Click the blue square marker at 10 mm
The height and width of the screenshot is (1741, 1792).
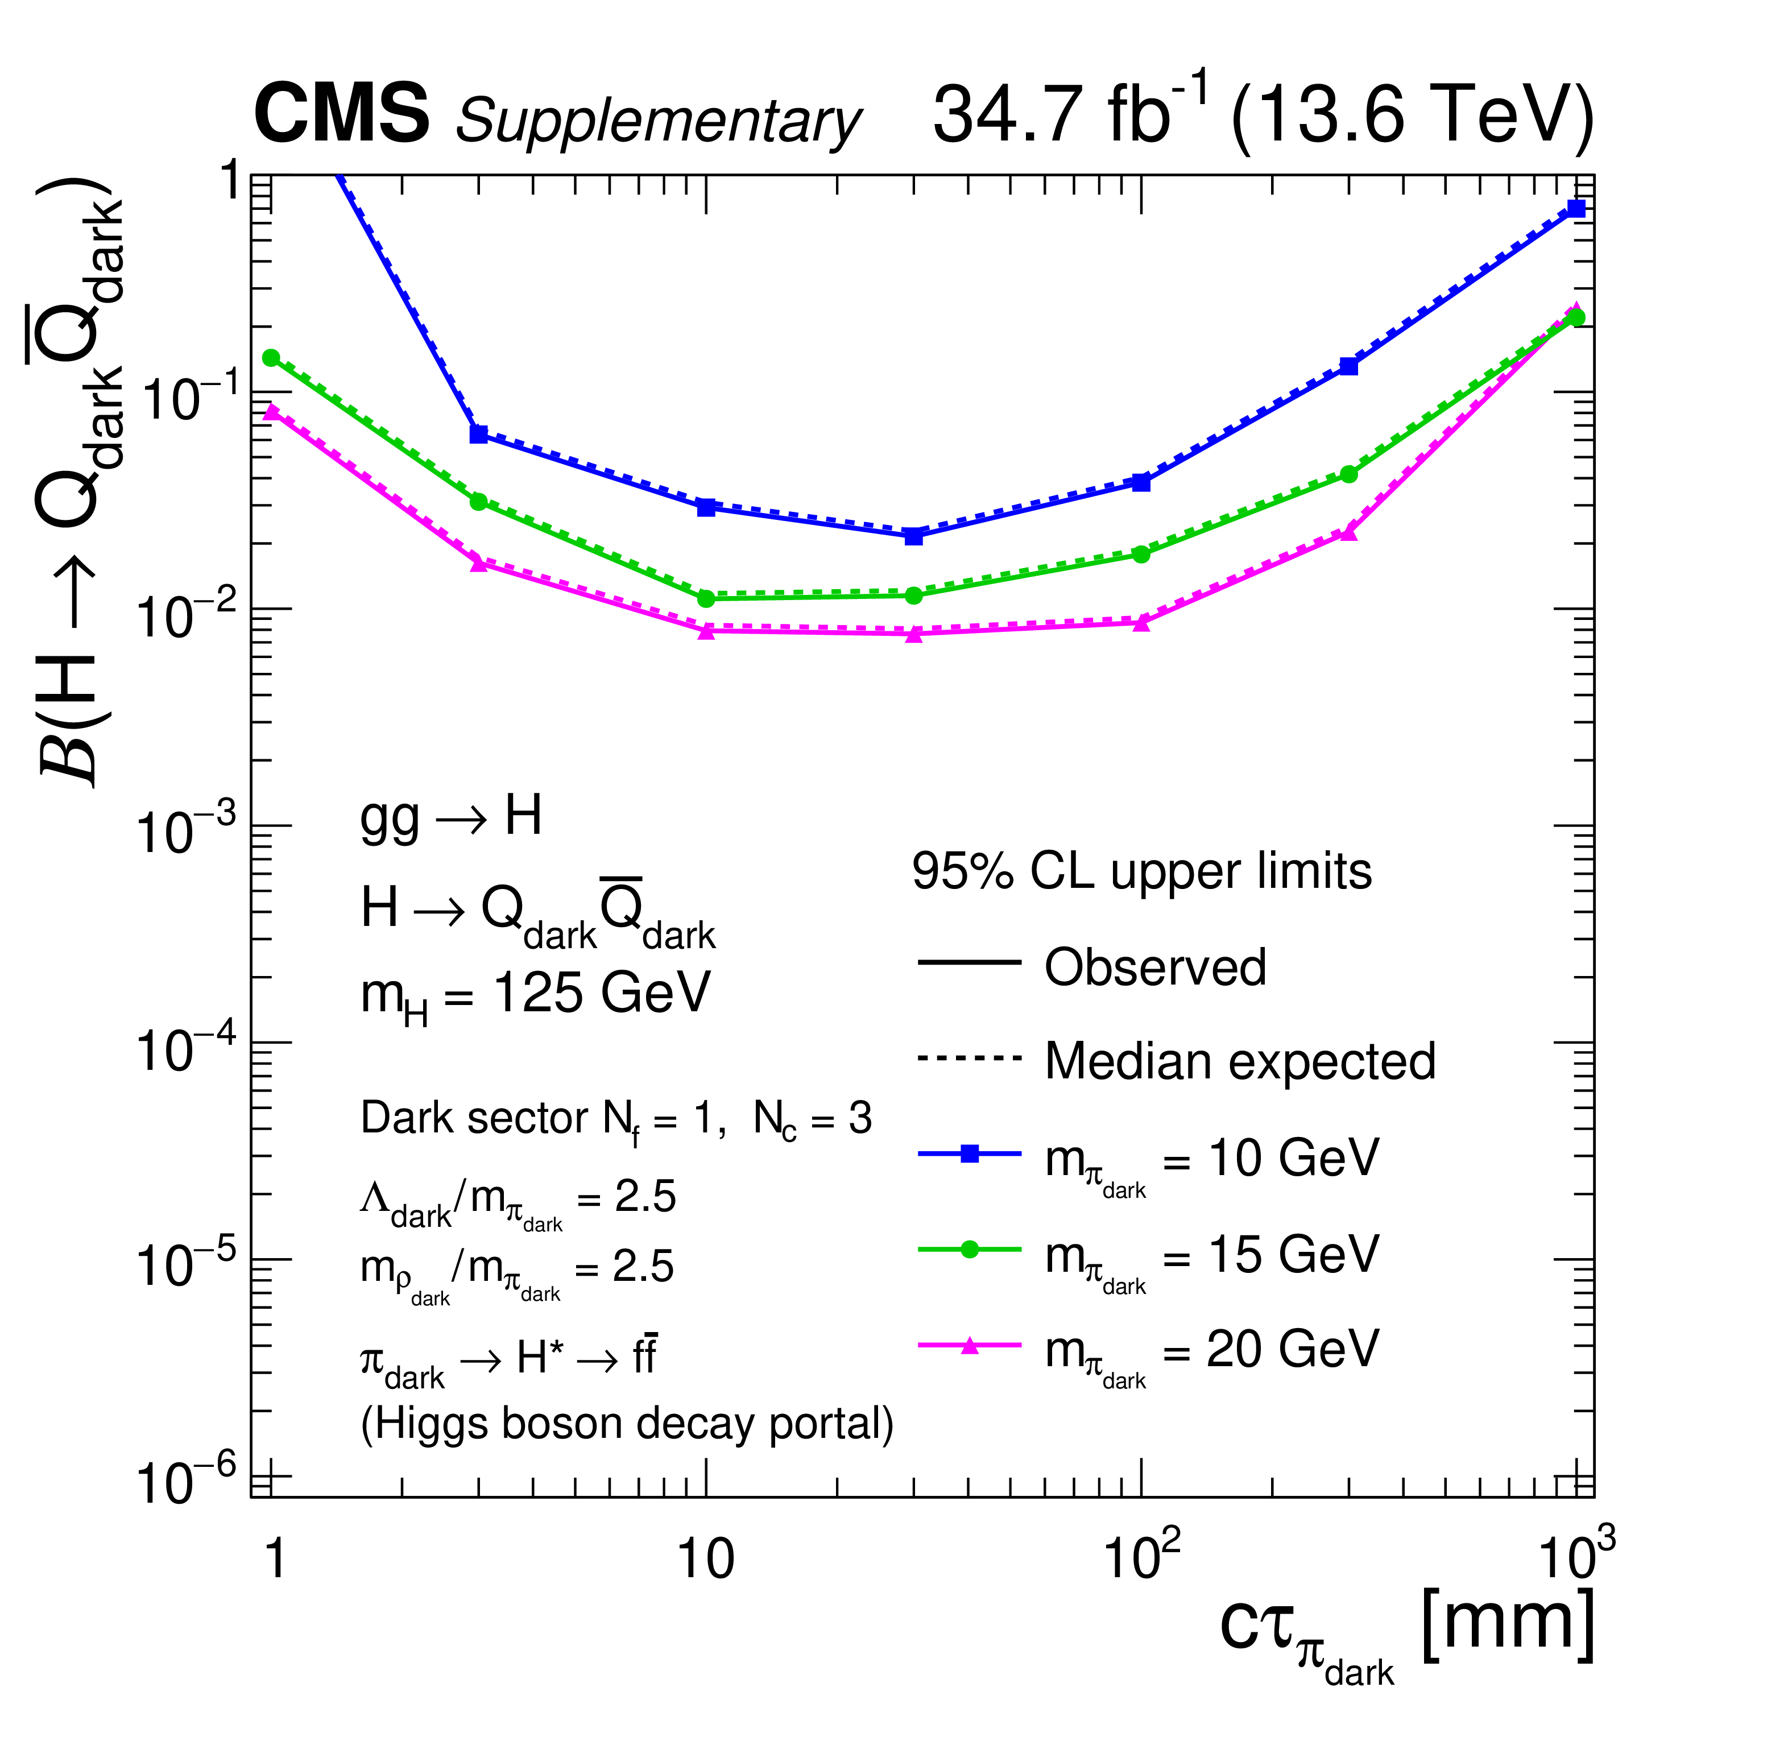click(x=706, y=507)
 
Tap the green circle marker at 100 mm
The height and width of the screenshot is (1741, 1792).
click(x=1141, y=554)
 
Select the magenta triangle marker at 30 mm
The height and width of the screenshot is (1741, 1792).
click(x=913, y=634)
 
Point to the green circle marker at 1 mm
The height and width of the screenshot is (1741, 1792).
click(x=271, y=358)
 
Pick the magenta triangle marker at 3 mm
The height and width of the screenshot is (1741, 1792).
click(x=478, y=564)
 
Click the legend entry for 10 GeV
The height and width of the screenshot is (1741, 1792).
click(x=1211, y=1160)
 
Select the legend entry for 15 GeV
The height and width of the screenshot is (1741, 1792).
click(x=1211, y=1255)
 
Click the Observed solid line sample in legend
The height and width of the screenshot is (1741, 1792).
click(x=969, y=962)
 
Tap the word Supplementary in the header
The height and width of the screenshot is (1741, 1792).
click(x=659, y=121)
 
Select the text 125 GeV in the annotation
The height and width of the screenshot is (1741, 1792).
click(x=601, y=993)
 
